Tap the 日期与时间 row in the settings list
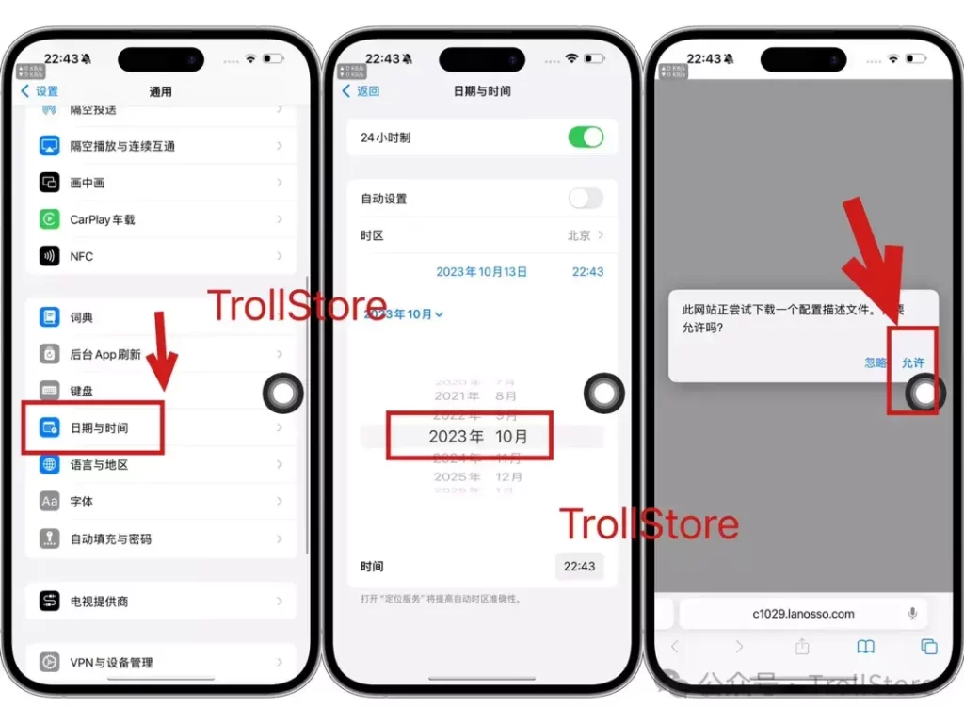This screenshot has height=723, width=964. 99,428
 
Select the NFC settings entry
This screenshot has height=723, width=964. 81,256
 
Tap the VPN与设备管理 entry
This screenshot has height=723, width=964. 111,663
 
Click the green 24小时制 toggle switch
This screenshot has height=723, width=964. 586,137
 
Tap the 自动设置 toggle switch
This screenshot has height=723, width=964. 586,199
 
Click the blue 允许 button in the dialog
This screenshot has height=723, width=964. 913,362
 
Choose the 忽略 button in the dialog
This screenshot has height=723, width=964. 876,362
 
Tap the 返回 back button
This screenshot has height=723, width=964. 361,91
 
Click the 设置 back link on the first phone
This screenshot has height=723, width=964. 40,91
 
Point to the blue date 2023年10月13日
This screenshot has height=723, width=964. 481,272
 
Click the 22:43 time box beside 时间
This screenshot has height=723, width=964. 579,567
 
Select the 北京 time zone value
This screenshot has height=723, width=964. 579,235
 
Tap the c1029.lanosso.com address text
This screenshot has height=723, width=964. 803,614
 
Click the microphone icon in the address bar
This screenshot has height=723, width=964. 912,614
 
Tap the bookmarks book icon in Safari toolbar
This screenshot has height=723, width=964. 865,647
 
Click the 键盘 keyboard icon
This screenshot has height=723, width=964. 50,391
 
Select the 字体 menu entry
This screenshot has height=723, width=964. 82,502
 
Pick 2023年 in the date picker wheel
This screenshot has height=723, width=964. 456,437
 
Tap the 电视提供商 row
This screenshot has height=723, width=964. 99,602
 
